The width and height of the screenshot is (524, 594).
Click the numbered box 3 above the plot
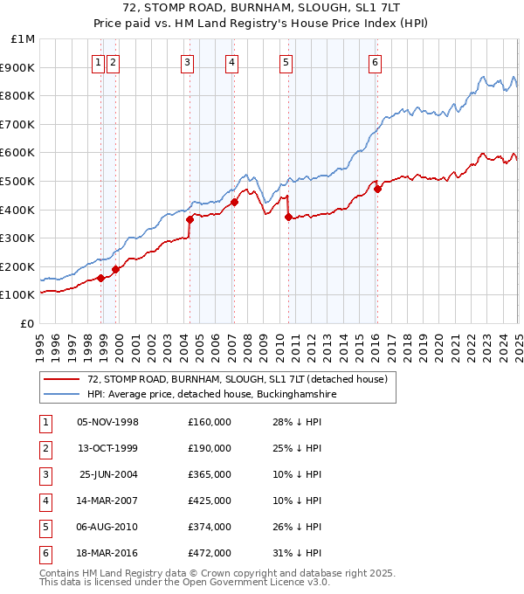click(188, 62)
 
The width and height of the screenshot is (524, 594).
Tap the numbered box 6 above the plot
click(375, 62)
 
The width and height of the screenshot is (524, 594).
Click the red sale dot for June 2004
click(190, 219)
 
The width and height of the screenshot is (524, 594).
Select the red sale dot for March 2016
click(377, 189)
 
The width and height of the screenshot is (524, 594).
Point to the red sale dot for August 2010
click(288, 217)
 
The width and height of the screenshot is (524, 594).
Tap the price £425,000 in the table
click(210, 501)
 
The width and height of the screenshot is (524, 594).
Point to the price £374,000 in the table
click(210, 527)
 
